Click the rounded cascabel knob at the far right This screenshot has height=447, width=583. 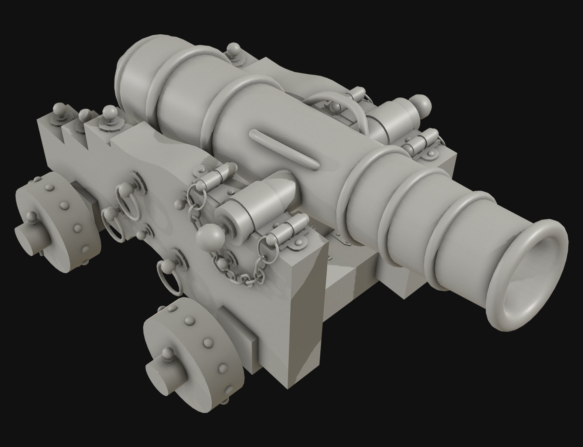tap(421, 105)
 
